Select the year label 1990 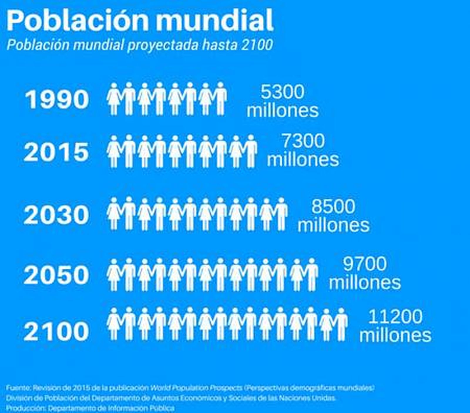click(x=57, y=99)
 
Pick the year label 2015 click(x=56, y=152)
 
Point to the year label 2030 click(x=56, y=215)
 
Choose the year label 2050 click(x=56, y=275)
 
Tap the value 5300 click(x=282, y=92)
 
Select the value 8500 click(x=333, y=206)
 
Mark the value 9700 click(x=365, y=263)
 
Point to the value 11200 click(x=395, y=316)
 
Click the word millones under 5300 click(x=282, y=111)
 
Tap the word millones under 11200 click(x=395, y=335)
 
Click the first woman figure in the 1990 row click(x=114, y=99)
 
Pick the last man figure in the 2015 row click(x=250, y=151)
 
